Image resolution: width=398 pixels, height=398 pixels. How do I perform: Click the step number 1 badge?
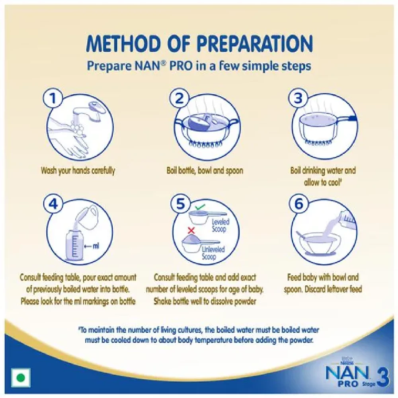[x=53, y=98]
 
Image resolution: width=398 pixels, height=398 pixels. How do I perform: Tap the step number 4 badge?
[x=53, y=204]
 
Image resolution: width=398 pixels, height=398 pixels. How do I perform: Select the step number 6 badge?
[x=298, y=204]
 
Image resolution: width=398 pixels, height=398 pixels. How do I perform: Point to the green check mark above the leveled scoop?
[x=200, y=207]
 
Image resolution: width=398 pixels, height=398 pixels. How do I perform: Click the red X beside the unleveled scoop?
[x=191, y=230]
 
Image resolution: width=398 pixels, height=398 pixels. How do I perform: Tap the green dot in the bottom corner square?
[x=21, y=378]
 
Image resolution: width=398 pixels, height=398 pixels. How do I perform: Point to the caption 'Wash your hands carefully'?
[x=78, y=171]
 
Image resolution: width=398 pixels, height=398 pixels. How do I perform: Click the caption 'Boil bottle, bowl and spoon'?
[x=205, y=170]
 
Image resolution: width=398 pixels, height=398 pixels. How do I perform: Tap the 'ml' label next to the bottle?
[x=96, y=246]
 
